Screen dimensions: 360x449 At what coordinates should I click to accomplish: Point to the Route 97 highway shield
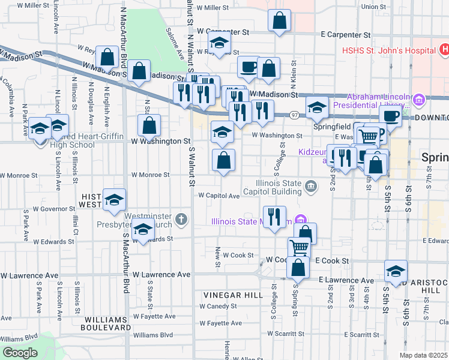coord(294,115)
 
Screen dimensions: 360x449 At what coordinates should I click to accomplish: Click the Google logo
coord(20,353)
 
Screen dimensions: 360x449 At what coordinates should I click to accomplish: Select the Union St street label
coord(374,7)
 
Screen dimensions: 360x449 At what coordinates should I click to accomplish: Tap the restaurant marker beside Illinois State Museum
coord(274,217)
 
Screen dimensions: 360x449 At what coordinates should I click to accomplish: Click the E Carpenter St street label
coord(346,36)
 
